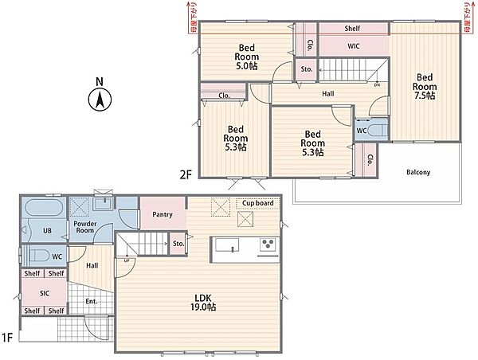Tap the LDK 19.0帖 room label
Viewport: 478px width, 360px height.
(203, 303)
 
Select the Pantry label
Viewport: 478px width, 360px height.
(163, 214)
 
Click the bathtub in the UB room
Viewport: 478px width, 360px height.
(44, 208)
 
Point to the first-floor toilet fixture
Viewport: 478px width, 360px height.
(39, 256)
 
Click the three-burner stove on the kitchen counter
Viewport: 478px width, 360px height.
(268, 245)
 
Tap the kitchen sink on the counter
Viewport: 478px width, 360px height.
(227, 245)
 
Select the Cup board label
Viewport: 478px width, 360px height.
(258, 203)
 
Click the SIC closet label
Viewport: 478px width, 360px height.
(45, 293)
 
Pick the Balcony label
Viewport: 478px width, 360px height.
(418, 172)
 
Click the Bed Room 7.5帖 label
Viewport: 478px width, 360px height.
(425, 87)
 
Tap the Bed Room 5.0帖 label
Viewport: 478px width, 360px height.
(247, 57)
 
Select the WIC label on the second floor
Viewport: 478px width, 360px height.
(354, 46)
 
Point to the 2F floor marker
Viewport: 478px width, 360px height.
(186, 174)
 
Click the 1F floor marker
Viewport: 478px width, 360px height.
(7, 337)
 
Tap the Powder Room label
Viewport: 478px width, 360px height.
(85, 227)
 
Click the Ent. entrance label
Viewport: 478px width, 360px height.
(92, 302)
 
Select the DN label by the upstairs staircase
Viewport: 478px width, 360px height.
(377, 85)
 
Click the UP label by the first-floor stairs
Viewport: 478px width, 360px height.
(127, 260)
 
